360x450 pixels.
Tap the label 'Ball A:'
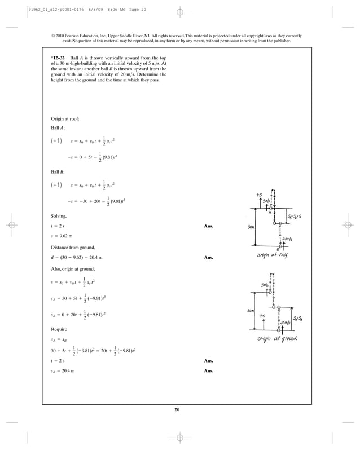(58, 128)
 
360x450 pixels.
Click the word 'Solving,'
(59, 216)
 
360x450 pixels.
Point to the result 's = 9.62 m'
(63, 236)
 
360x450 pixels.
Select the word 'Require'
(59, 328)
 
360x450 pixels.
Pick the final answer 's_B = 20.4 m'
(64, 371)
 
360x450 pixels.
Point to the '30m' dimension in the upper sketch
(250, 227)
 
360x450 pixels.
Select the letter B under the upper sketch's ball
(278, 249)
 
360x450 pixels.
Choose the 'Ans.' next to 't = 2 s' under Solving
(209, 226)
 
